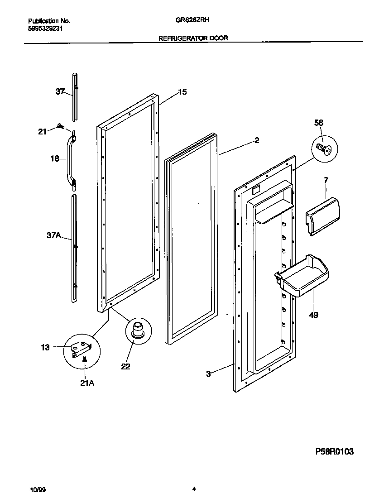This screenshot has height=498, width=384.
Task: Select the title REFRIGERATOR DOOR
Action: (x=193, y=38)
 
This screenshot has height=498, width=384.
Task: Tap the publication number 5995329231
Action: (x=45, y=28)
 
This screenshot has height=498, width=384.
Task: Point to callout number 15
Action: (x=182, y=92)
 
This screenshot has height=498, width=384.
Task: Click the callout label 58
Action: (x=319, y=123)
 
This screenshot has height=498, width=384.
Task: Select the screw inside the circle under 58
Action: (x=325, y=148)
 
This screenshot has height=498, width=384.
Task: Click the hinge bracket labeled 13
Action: (x=82, y=349)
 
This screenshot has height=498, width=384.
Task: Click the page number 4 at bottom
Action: (x=194, y=489)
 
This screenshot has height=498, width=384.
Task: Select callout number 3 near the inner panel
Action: (x=208, y=373)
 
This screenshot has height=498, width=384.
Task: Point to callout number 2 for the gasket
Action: (x=257, y=141)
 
